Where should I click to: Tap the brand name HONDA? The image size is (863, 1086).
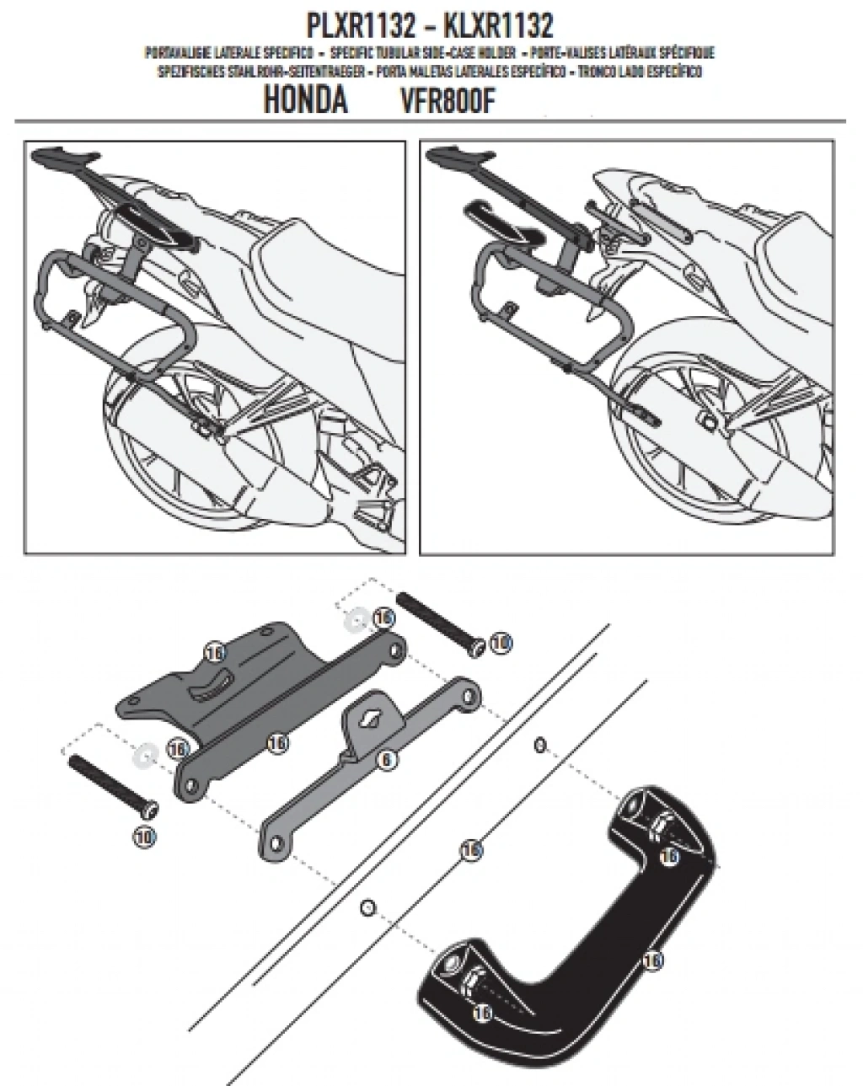pos(306,100)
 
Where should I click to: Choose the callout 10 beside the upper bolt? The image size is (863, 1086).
pos(501,643)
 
